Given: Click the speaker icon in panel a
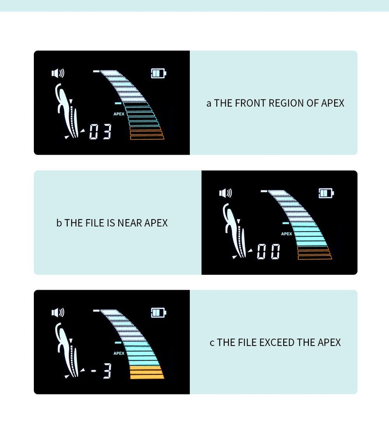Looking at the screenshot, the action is (58, 73).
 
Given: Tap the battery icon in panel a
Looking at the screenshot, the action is (159, 73).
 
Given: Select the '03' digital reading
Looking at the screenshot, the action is (100, 132).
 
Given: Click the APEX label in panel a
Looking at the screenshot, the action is (119, 114).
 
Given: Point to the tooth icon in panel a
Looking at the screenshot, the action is (67, 111).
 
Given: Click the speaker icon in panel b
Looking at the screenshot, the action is (226, 193).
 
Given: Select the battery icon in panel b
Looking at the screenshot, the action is (326, 193).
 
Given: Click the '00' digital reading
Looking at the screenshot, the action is (268, 251).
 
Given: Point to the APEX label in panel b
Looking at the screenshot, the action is (287, 234).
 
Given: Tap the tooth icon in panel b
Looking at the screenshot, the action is (235, 230).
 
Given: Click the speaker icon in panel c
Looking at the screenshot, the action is (58, 313).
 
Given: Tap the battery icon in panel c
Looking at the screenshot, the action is (159, 313).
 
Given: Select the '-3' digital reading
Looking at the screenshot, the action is (101, 371).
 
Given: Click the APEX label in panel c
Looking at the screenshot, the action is (119, 353).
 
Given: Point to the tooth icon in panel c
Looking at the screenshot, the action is (67, 350).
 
